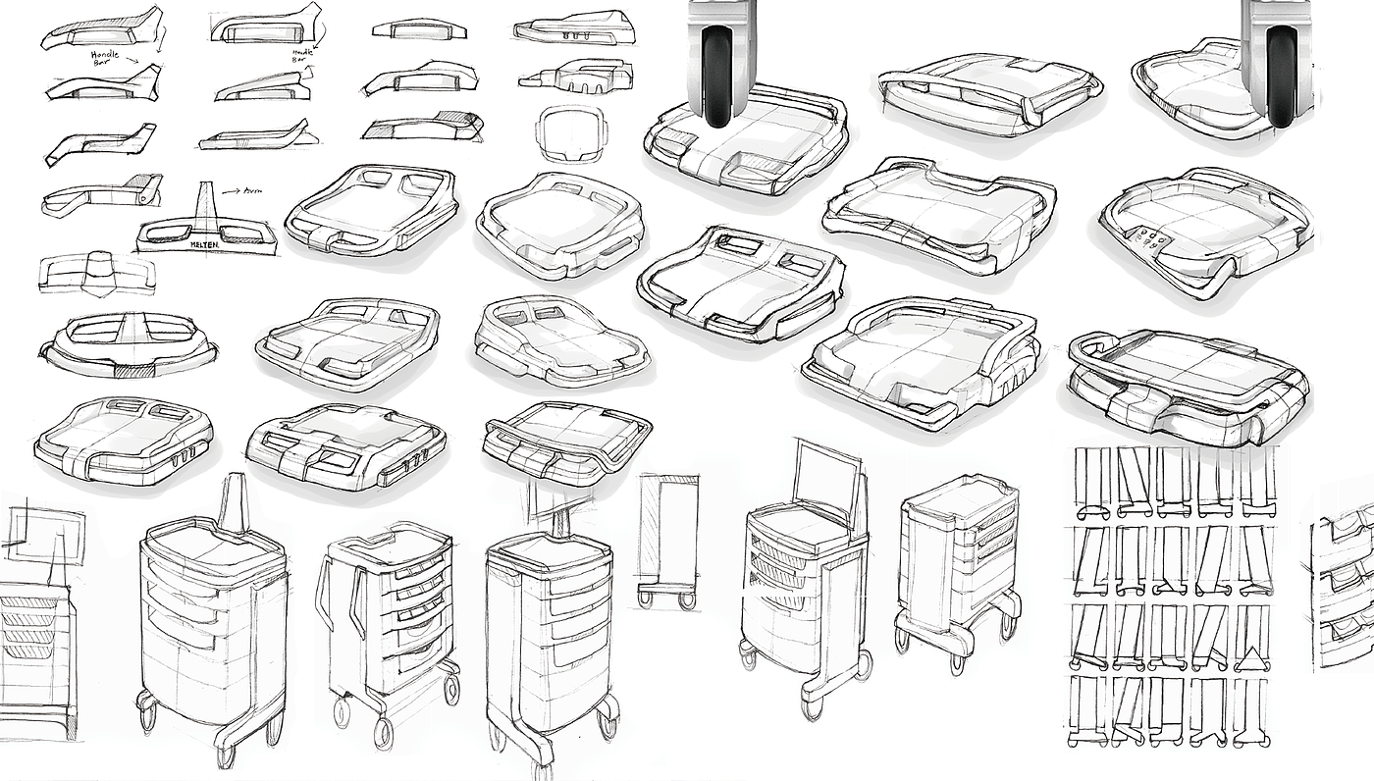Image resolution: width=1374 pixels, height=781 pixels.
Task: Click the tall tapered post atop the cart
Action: point(236,502)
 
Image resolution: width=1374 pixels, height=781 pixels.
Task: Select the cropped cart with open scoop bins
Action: point(1345,589)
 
